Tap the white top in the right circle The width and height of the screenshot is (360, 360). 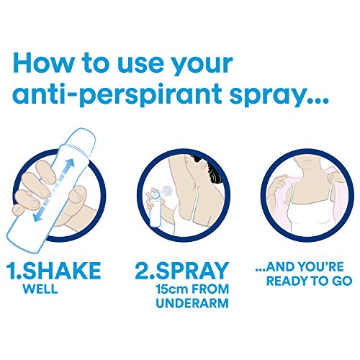coord(305,216)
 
